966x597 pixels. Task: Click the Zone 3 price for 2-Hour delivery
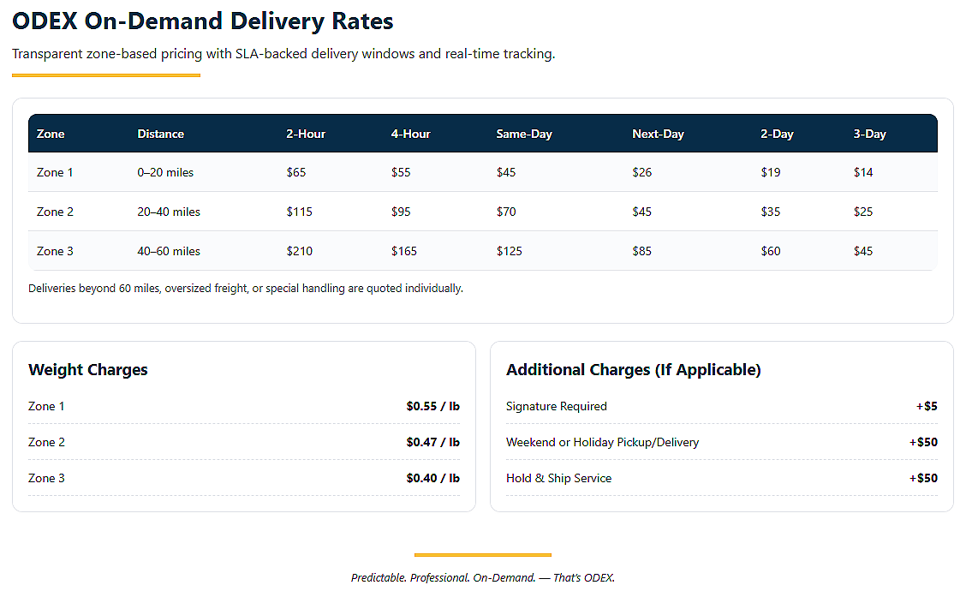(300, 251)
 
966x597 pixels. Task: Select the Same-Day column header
(524, 134)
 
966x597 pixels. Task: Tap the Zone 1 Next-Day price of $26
(642, 172)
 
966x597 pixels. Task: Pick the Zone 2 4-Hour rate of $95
(401, 212)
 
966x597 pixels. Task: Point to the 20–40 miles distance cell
(169, 212)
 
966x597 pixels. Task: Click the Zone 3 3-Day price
(863, 251)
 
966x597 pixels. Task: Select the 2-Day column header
(777, 134)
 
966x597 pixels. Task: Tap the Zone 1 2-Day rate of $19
(771, 172)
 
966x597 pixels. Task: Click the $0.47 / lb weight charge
(433, 442)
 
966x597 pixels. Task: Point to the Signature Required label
(557, 407)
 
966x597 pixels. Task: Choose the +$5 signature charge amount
(927, 407)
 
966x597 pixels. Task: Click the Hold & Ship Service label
(558, 478)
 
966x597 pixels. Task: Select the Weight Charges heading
(88, 370)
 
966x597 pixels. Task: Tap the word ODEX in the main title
(45, 21)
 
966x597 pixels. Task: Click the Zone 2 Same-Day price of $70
(506, 212)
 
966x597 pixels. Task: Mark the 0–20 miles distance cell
(165, 172)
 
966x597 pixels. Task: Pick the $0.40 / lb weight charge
(433, 478)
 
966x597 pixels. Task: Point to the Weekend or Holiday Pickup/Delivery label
(603, 442)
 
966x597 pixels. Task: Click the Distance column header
(161, 134)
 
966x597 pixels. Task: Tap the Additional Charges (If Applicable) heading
(634, 370)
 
